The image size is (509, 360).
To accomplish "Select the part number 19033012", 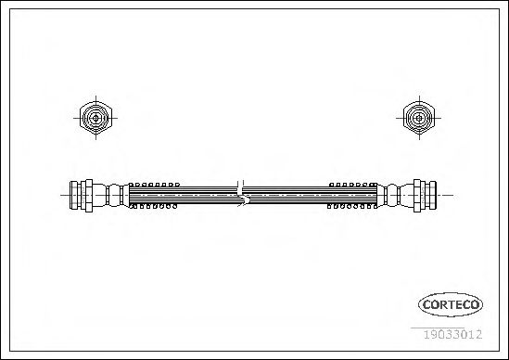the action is click(453, 334).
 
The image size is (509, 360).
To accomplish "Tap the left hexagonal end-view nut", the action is click(95, 118).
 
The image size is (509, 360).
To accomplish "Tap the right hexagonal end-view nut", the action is click(419, 118).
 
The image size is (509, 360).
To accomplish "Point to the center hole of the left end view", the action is click(95, 118).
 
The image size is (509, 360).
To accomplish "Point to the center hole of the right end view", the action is click(419, 118).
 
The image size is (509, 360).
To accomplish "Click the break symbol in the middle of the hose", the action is click(241, 194).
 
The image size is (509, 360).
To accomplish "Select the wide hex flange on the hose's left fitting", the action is click(89, 196).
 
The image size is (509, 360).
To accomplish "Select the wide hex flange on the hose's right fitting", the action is click(417, 196).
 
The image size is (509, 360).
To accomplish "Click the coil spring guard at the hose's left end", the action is click(154, 195).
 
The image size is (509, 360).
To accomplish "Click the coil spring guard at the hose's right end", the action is click(352, 195).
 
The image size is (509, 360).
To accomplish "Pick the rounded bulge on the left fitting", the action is click(114, 195).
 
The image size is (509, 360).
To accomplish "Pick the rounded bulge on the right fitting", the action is click(392, 195).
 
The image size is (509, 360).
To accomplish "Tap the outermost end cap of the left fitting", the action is click(73, 195).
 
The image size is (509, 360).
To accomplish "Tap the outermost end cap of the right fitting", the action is click(432, 195).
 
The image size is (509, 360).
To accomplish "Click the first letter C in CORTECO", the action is click(426, 304).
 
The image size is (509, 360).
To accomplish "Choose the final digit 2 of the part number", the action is click(478, 334).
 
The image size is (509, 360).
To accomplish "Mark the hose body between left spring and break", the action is click(208, 195).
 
